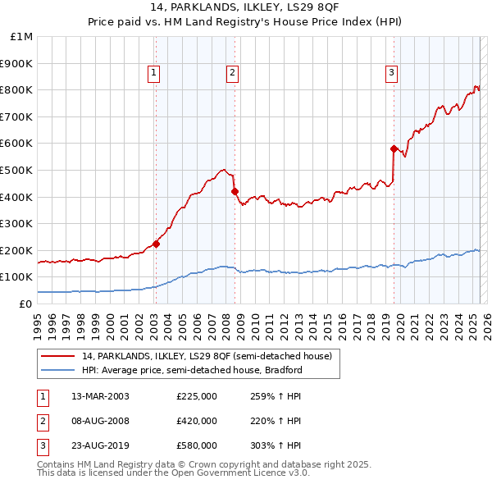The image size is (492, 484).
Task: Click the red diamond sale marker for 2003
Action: (x=156, y=244)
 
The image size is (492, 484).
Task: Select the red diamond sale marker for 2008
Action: (x=235, y=191)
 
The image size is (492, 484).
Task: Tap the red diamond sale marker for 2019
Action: (x=394, y=148)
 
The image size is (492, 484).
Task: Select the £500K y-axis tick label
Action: (x=17, y=171)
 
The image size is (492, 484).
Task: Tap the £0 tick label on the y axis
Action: (x=25, y=304)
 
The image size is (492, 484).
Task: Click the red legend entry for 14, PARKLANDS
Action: (x=207, y=356)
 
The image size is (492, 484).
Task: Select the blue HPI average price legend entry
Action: (x=192, y=370)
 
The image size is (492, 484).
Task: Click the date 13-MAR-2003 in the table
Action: (x=100, y=396)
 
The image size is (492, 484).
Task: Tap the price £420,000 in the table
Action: (x=197, y=421)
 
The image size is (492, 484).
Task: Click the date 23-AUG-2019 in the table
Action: (x=100, y=445)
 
